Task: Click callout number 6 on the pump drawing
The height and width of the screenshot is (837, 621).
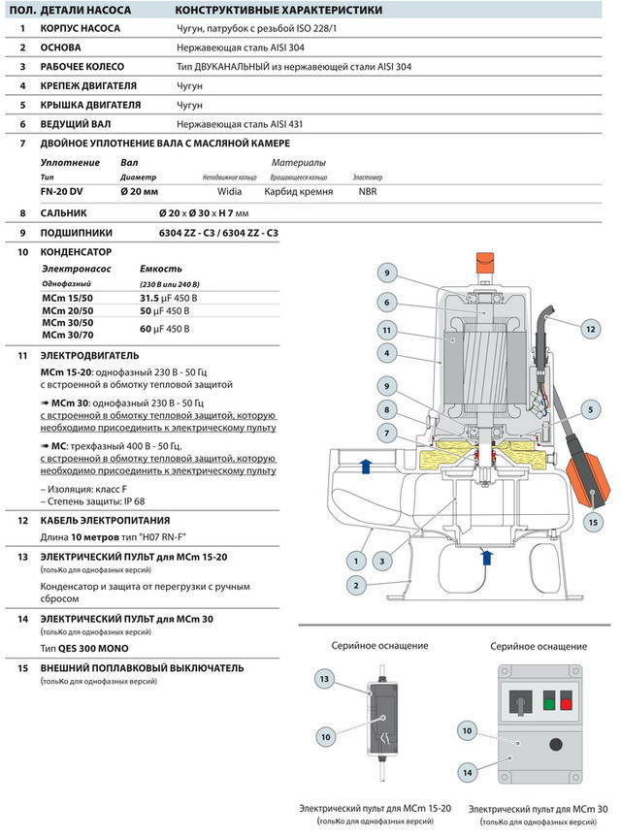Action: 385,301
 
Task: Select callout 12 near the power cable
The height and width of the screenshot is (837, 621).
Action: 591,330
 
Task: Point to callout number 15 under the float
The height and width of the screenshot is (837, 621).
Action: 593,522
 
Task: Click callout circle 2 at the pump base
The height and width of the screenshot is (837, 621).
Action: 358,585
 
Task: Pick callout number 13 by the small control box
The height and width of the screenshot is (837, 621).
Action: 324,677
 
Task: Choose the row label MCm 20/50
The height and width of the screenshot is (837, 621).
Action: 67,310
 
